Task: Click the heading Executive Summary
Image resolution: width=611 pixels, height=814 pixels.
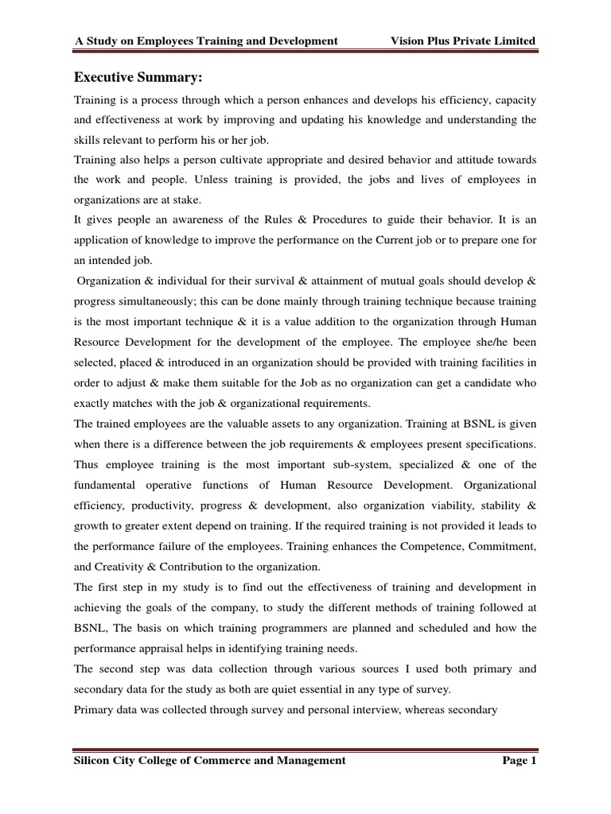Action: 138,77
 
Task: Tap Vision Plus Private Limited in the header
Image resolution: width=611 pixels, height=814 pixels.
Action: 464,41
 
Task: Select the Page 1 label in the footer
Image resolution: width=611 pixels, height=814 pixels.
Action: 520,761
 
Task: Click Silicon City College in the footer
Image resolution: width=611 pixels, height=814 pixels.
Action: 210,761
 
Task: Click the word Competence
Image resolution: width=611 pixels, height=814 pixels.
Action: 423,546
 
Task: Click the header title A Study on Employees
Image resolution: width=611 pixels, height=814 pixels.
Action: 206,41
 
